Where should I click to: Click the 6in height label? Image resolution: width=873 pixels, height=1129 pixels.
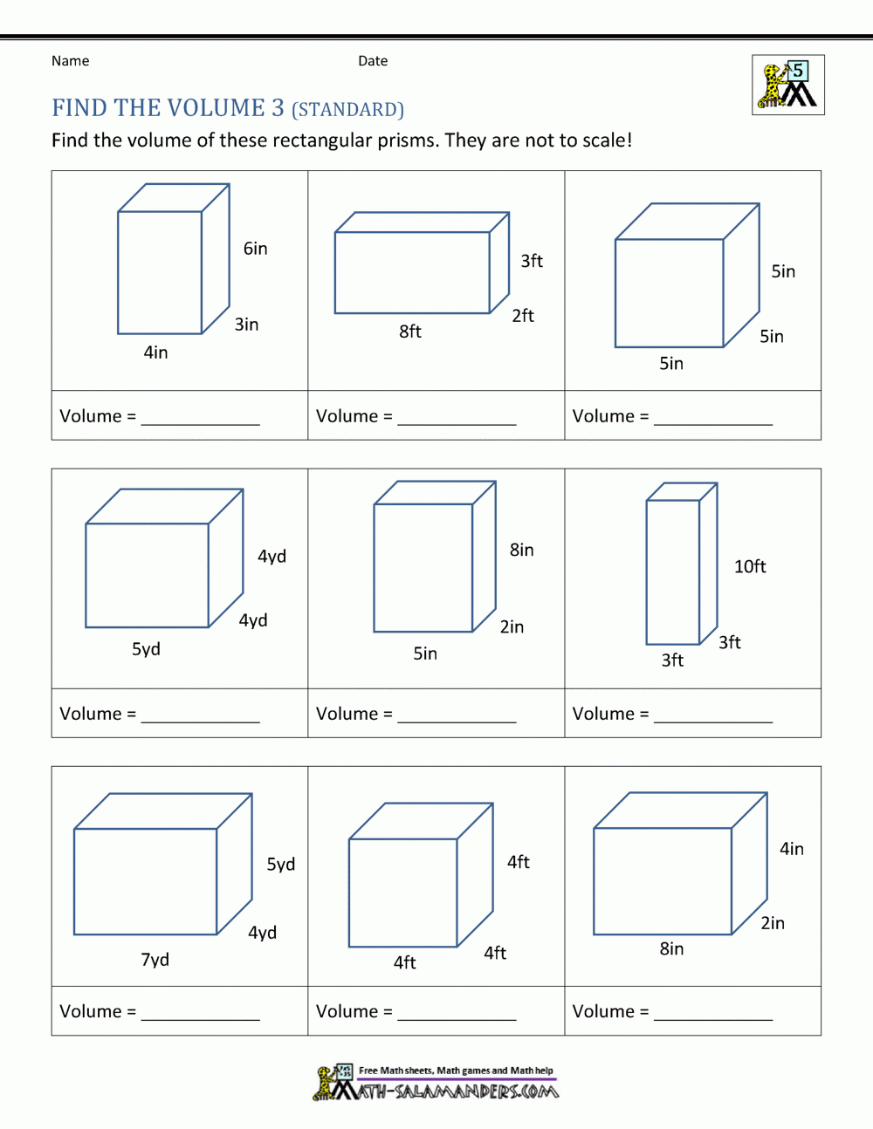coord(255,249)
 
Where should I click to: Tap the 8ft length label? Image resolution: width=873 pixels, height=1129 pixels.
coord(410,332)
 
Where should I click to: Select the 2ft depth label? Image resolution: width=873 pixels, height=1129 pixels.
coord(523,316)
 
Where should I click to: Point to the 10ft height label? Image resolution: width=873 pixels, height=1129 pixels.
coord(750,566)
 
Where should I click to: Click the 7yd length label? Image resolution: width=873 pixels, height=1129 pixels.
coord(155,960)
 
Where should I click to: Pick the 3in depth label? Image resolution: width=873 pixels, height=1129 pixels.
coord(246,325)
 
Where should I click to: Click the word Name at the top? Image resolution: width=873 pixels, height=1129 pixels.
coord(70,61)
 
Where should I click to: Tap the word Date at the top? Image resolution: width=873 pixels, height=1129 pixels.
coord(373,61)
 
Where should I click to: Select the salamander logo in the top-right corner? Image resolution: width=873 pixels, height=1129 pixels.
coord(788,85)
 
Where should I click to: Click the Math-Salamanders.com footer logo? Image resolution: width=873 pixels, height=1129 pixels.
coord(436,1083)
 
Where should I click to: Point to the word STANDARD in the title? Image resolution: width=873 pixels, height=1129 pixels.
coord(347,110)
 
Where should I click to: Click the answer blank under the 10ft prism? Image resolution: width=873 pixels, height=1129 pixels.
coord(713,715)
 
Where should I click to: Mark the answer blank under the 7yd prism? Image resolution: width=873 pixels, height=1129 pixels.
coord(201,1013)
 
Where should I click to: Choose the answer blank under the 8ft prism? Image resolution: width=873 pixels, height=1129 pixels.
coord(457,418)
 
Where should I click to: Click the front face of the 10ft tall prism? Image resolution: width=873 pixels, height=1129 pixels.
coord(673,572)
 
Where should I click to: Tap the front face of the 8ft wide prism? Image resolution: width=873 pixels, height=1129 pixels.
coord(412,272)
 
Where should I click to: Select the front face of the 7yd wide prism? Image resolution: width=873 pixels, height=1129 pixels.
coord(145,881)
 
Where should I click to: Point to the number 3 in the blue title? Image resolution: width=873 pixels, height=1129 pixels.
coord(278,108)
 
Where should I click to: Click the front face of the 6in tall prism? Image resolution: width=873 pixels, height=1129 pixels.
coord(160,272)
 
